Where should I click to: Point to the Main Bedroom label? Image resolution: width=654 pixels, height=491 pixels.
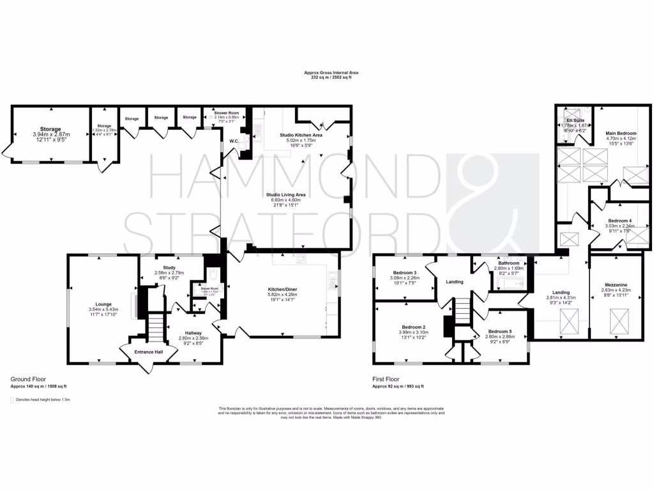pyautogui.click(x=621, y=133)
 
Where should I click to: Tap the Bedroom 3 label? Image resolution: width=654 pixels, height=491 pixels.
pyautogui.click(x=405, y=272)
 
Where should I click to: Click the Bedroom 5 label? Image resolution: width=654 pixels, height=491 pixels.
pyautogui.click(x=500, y=331)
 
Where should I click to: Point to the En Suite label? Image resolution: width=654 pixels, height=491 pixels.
pyautogui.click(x=575, y=120)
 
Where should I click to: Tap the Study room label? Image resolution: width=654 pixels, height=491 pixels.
pyautogui.click(x=169, y=268)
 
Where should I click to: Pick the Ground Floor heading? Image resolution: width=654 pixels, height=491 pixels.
pyautogui.click(x=28, y=379)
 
